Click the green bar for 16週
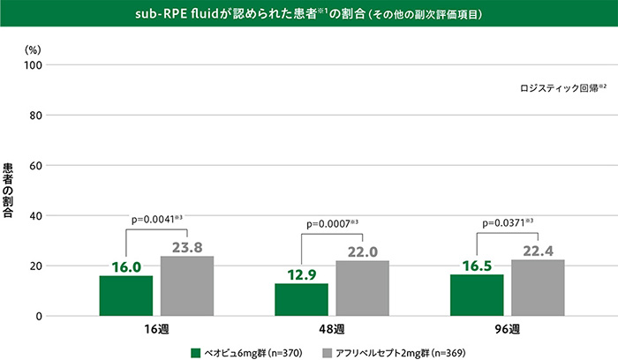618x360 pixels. click(125, 296)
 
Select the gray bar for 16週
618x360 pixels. click(186, 286)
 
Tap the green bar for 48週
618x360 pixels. click(301, 300)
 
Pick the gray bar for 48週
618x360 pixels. click(362, 289)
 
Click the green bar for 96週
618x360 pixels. click(477, 295)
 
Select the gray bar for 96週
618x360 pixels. click(538, 288)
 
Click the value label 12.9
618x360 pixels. click(301, 275)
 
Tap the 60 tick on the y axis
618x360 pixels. click(34, 166)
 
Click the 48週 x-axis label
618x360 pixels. click(332, 331)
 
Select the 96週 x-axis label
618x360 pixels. click(507, 331)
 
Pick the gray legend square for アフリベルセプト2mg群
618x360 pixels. click(328, 351)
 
